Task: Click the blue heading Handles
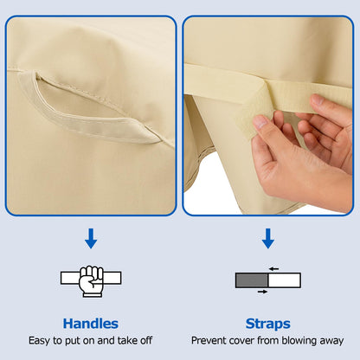pyautogui.click(x=91, y=324)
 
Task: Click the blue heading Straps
pyautogui.click(x=268, y=324)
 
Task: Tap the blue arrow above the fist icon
pyautogui.click(x=91, y=239)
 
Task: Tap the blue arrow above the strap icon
pyautogui.click(x=268, y=239)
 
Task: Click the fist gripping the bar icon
pyautogui.click(x=91, y=281)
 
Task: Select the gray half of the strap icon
pyautogui.click(x=252, y=280)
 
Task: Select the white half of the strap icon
pyautogui.click(x=285, y=280)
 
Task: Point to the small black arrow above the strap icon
pyautogui.click(x=273, y=269)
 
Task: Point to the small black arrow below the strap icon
pyautogui.click(x=262, y=292)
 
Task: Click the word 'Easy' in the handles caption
pyautogui.click(x=40, y=341)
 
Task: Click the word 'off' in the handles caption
pyautogui.click(x=146, y=340)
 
